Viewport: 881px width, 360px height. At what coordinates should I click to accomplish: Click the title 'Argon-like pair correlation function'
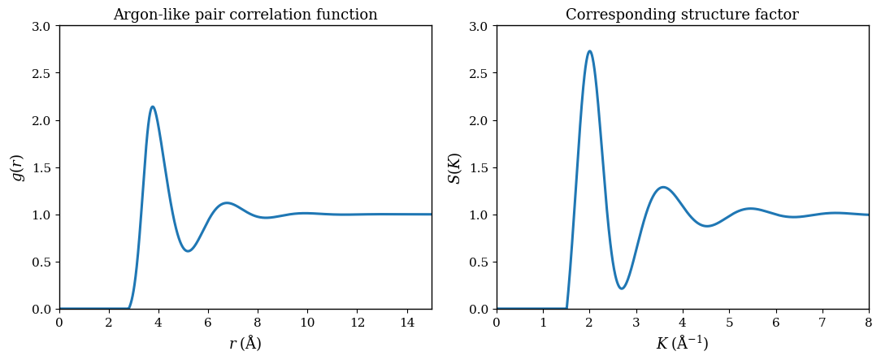245,15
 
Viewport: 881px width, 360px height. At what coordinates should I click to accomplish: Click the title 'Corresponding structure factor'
682,15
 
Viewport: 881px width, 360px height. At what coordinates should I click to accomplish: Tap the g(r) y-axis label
17,167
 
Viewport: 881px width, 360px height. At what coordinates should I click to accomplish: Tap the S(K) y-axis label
454,167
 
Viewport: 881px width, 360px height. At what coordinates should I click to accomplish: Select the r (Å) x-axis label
245,344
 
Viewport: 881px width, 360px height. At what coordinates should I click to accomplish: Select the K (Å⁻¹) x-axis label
682,344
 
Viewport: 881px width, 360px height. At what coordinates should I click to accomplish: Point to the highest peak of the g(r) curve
152,106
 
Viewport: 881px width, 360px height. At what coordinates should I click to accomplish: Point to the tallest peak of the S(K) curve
589,51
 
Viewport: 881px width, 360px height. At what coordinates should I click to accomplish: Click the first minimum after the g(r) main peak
188,251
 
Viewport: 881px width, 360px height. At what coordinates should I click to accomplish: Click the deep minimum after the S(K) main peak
621,288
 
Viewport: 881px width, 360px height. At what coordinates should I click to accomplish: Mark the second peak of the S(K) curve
663,187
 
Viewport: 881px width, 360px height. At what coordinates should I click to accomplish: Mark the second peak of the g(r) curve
227,203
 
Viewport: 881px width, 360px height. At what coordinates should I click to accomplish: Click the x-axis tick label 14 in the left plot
406,323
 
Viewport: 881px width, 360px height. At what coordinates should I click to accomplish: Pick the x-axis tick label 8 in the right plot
868,323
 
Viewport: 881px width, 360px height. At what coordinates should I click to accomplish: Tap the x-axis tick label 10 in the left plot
307,323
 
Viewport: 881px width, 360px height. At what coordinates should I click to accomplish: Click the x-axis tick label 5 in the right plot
729,323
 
